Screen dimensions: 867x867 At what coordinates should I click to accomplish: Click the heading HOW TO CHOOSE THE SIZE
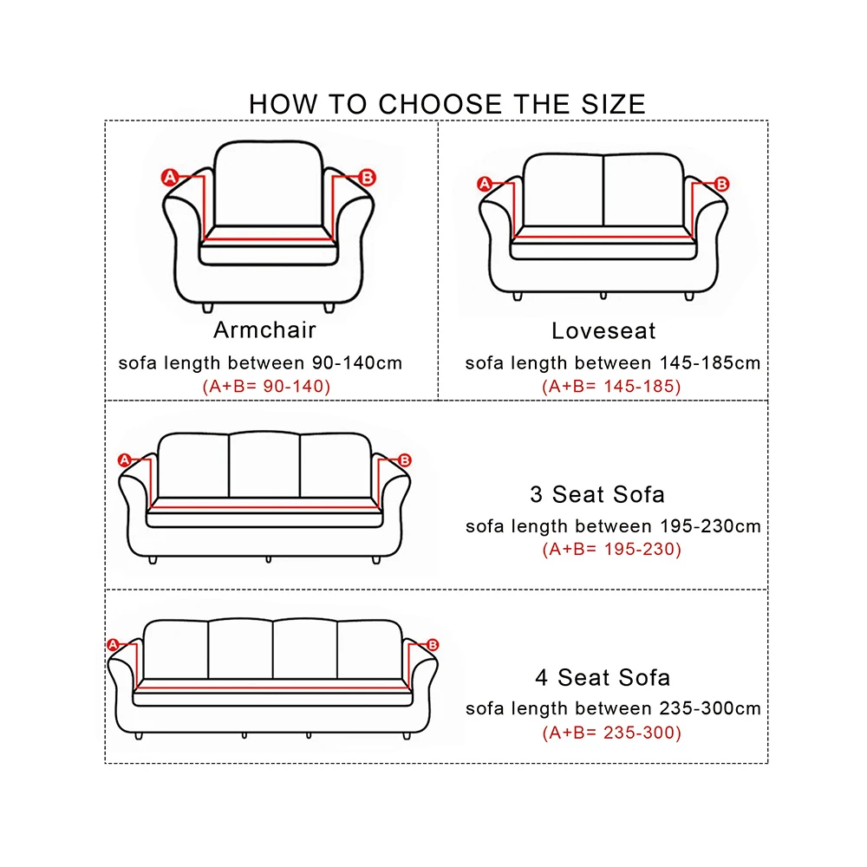pos(447,104)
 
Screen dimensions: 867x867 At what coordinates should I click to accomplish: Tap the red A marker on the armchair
pos(170,178)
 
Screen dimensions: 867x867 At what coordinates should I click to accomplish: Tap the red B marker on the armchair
pos(367,178)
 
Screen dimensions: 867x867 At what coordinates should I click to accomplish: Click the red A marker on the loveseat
pos(485,184)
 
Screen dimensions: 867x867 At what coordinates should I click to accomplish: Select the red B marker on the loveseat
pos(721,184)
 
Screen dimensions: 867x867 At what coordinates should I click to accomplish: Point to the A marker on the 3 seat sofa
pos(124,460)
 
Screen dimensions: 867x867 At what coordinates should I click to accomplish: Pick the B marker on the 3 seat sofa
pos(404,460)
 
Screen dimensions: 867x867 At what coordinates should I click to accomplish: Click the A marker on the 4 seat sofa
pos(112,644)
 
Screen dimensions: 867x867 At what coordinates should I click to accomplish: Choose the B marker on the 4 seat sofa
pos(433,644)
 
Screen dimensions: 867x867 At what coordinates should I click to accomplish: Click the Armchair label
pos(264,329)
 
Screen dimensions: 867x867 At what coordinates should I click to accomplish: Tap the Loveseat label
pos(603,330)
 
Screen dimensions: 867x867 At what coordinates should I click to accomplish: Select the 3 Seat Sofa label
pos(597,494)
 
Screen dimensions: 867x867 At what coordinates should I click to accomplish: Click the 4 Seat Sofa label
pos(602,677)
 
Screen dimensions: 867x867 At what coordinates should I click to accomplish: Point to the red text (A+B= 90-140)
pos(266,387)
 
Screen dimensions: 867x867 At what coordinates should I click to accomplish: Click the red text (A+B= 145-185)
pos(611,387)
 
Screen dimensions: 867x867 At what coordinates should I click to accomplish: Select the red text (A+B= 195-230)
pos(611,549)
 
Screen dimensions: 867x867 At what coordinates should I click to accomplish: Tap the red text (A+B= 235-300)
pos(611,733)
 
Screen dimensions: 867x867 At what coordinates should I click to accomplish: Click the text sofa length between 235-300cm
pos(613,708)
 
